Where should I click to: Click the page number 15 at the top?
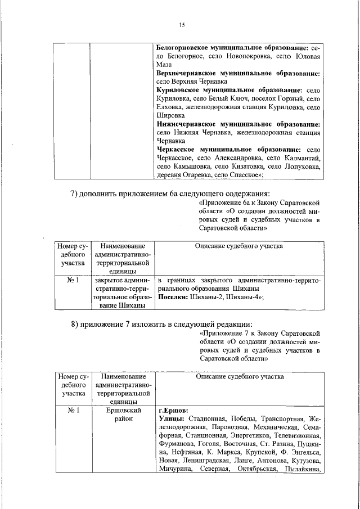tap(182, 25)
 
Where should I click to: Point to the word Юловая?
tap(307, 57)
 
